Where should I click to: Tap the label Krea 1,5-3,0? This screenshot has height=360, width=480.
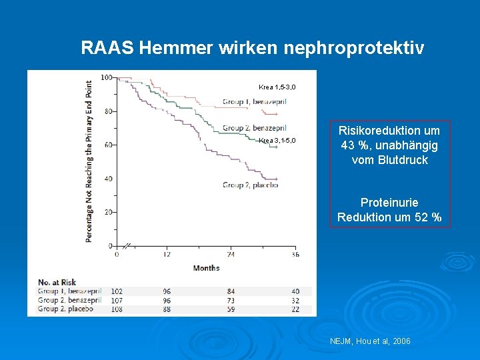(x=277, y=87)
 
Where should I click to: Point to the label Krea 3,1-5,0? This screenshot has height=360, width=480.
(x=277, y=141)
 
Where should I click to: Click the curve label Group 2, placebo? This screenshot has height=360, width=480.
(x=250, y=185)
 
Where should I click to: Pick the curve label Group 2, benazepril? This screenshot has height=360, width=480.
(x=254, y=128)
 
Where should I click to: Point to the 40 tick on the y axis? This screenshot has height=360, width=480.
(x=108, y=179)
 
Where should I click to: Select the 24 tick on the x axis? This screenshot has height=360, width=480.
(x=231, y=254)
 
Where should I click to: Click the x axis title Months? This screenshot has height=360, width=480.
(x=206, y=268)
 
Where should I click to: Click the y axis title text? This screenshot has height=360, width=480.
(x=89, y=161)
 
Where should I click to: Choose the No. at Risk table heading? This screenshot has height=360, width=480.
(x=57, y=282)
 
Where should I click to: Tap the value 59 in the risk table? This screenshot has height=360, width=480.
(x=231, y=309)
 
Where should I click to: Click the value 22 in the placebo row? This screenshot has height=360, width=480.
(x=295, y=309)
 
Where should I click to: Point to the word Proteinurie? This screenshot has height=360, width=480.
(x=389, y=202)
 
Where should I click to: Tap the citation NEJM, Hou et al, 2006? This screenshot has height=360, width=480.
(x=370, y=341)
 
